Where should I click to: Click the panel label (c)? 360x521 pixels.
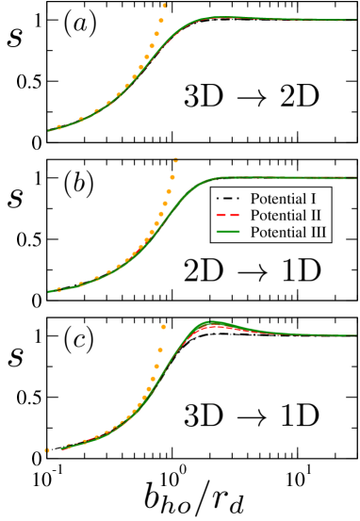(x=79, y=340)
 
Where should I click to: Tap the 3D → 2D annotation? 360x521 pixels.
(x=251, y=97)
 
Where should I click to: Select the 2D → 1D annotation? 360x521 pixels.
(x=253, y=270)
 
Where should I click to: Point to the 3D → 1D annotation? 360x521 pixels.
(x=251, y=415)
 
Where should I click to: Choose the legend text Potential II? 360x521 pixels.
(x=284, y=216)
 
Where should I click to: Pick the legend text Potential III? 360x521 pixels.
(x=286, y=231)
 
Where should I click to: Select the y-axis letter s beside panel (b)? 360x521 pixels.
(x=14, y=199)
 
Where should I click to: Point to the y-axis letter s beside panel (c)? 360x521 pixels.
(x=14, y=357)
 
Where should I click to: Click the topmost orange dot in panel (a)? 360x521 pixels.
(x=164, y=5)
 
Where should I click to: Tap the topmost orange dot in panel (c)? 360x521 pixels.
(x=163, y=326)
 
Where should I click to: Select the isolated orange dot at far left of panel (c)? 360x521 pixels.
(x=46, y=450)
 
